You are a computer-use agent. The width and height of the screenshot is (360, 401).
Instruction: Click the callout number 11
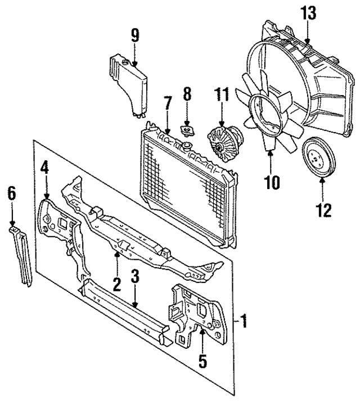[221, 96]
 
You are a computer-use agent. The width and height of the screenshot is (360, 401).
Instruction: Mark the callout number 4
[45, 168]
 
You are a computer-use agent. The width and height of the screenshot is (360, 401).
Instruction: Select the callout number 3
[135, 277]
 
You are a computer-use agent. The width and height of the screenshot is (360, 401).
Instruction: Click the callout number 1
[244, 323]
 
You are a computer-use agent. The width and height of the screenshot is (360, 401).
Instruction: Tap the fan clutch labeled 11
[223, 142]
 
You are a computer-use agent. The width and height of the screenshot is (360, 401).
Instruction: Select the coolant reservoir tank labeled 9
[129, 84]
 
